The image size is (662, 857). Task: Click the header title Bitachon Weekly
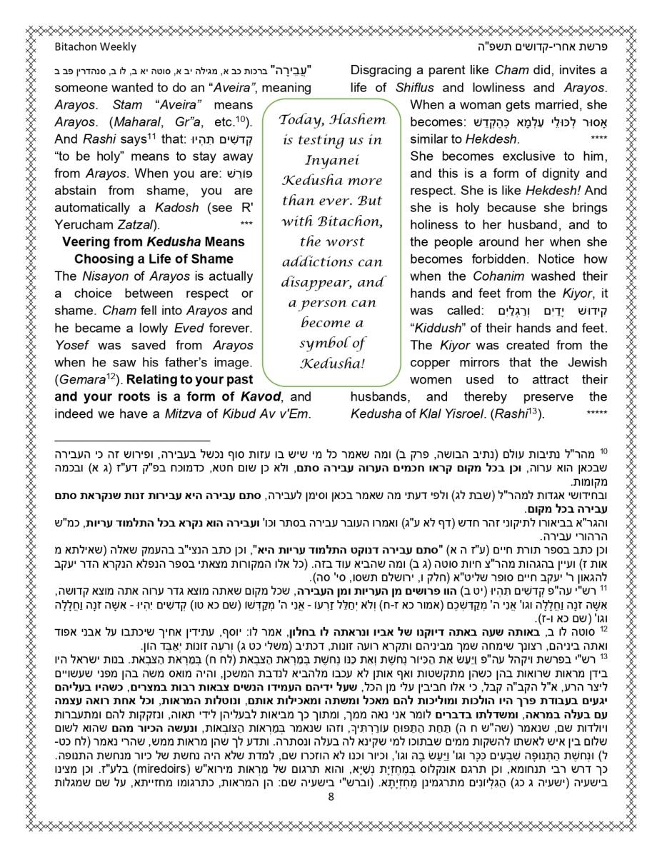coord(95,47)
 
